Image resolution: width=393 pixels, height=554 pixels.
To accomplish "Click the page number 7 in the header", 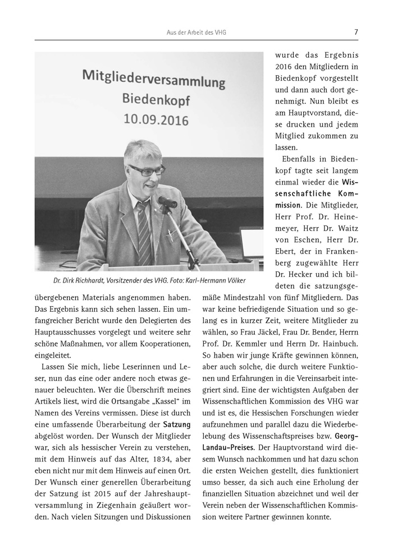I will (356, 32).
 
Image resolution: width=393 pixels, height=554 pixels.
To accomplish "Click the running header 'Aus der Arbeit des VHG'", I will (196, 33).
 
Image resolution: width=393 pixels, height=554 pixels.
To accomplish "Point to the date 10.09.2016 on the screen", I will (153, 119).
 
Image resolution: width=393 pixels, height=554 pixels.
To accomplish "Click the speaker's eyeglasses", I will (146, 170).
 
